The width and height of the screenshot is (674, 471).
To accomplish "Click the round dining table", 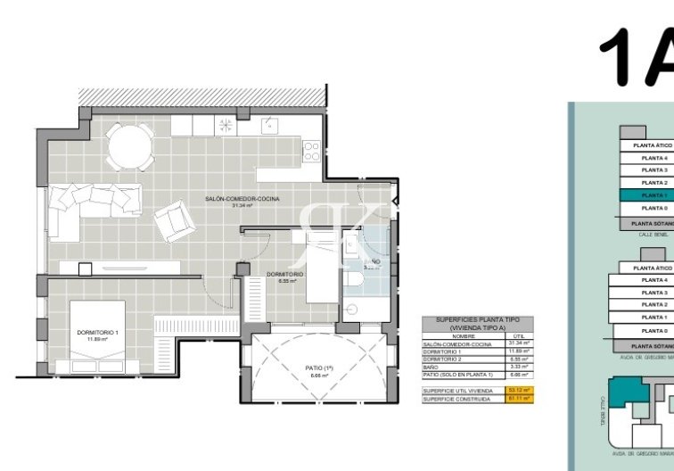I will [x=128, y=141].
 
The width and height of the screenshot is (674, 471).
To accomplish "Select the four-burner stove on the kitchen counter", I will [x=311, y=153].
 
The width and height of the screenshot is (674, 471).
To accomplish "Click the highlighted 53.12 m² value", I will [x=520, y=391].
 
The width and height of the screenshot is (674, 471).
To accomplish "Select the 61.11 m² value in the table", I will [x=520, y=400].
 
